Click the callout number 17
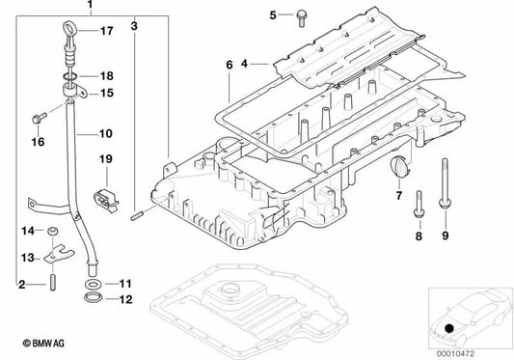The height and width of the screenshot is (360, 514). [x=106, y=32]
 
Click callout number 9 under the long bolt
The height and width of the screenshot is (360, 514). [x=446, y=235]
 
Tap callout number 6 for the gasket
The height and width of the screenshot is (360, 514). [x=229, y=66]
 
